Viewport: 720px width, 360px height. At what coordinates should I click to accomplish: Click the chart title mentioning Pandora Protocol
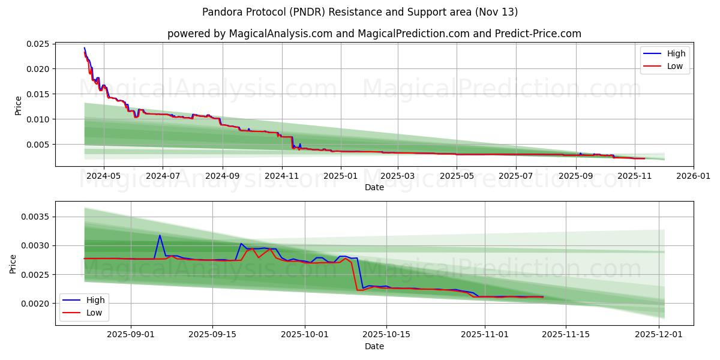[360, 12]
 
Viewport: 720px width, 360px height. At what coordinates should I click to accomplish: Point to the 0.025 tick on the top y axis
[37, 44]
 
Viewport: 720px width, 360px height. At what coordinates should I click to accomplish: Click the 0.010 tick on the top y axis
[37, 119]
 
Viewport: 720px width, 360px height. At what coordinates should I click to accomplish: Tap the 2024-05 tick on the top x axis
[104, 176]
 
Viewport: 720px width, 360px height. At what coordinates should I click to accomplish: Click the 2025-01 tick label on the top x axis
[341, 176]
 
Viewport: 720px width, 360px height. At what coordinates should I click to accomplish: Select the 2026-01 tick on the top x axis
[694, 176]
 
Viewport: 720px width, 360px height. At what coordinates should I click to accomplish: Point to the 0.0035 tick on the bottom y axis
[35, 217]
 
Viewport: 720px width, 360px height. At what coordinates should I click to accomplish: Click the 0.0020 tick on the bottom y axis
[35, 304]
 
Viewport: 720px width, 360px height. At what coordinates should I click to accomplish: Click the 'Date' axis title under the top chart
[374, 187]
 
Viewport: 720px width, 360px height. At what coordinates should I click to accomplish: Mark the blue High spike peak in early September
[160, 235]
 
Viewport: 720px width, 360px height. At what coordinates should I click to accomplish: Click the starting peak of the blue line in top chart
[84, 47]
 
